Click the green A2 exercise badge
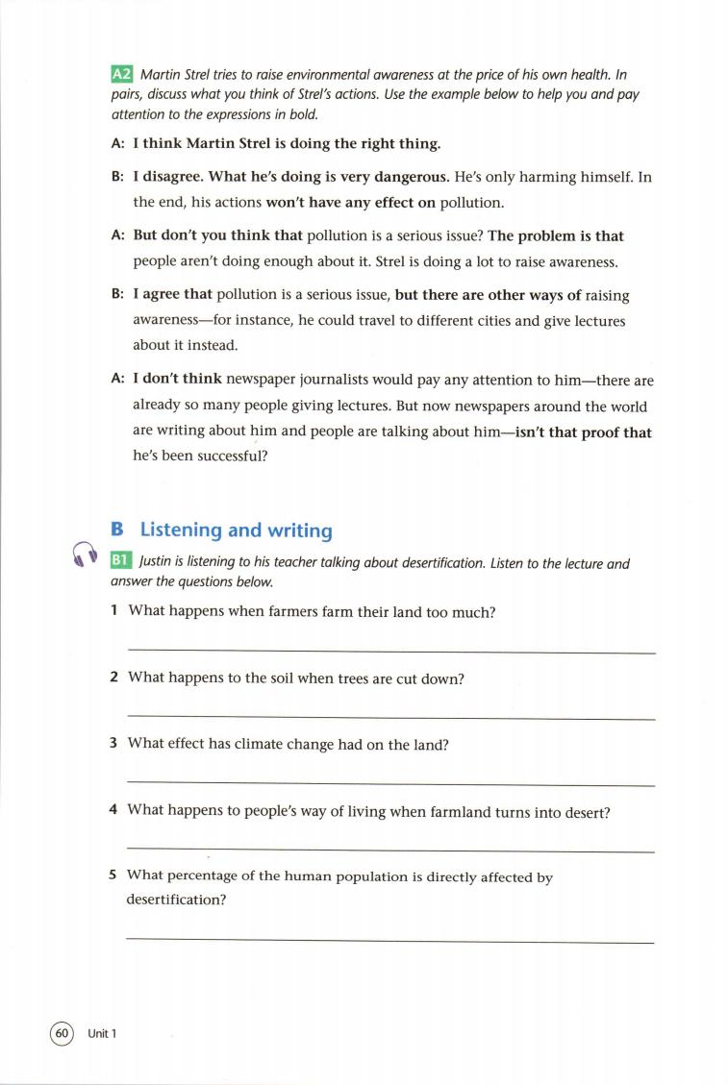pyautogui.click(x=121, y=74)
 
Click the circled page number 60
pyautogui.click(x=61, y=1033)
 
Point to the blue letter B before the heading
pyautogui.click(x=117, y=530)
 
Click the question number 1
pyautogui.click(x=113, y=611)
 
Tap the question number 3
pyautogui.click(x=113, y=743)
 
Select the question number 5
pyautogui.click(x=113, y=876)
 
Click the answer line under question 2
pyautogui.click(x=390, y=719)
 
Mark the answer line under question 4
pyautogui.click(x=390, y=851)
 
